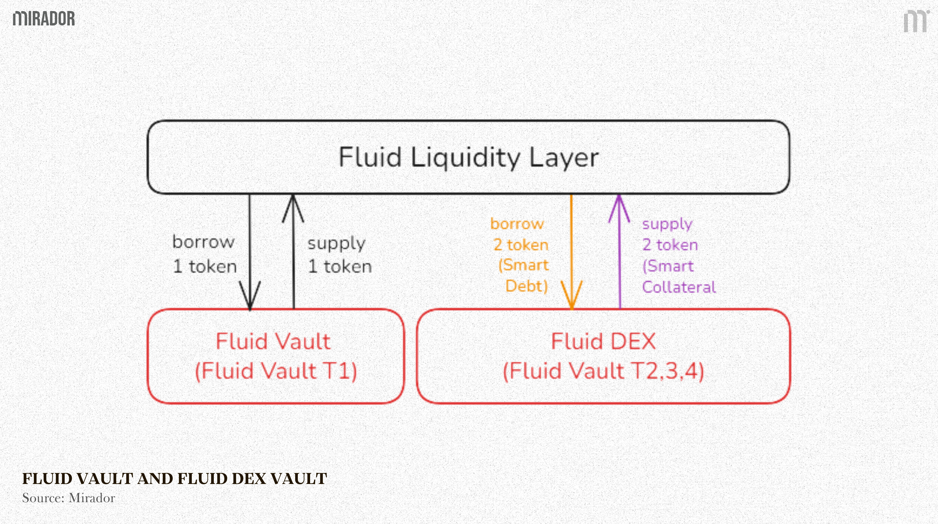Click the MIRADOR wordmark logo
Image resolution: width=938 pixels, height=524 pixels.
coord(44,18)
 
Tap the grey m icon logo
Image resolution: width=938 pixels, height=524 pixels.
coord(915,21)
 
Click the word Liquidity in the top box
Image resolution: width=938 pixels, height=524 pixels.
coord(466,158)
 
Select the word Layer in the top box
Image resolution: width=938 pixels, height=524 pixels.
coord(563,158)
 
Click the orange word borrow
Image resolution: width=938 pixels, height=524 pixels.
coord(517,224)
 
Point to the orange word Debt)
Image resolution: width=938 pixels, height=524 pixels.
coord(527,286)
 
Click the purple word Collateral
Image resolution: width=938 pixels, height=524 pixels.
coord(679,287)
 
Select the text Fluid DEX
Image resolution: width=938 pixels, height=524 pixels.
coord(603,342)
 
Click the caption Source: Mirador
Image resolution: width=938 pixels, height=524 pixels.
coord(68,498)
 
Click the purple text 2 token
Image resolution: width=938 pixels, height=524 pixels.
coord(670,245)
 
